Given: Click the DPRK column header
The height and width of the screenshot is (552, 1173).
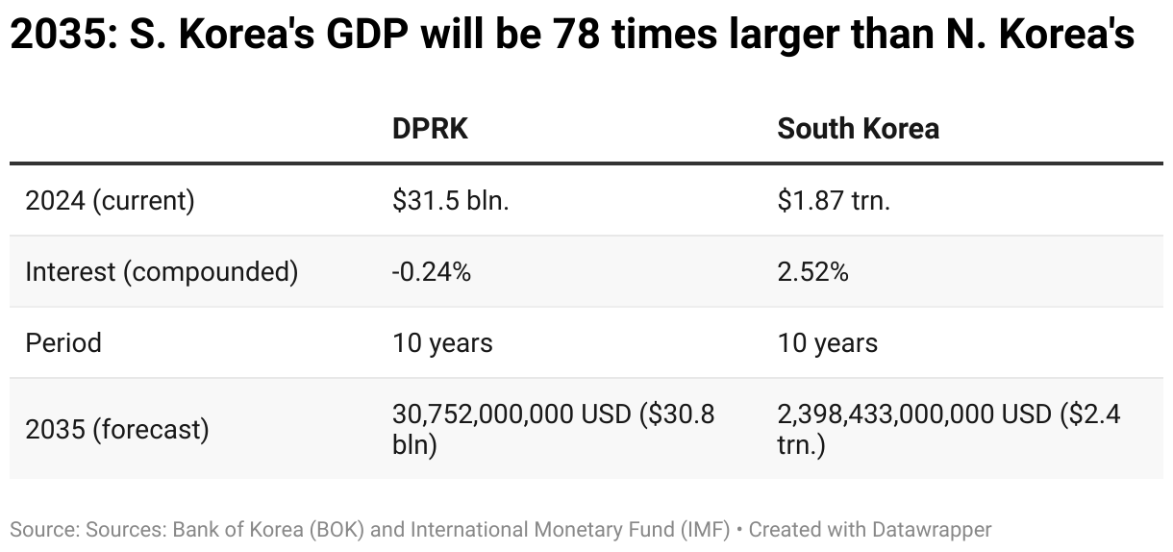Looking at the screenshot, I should (x=430, y=129).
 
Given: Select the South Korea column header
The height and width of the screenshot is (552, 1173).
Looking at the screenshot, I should (x=858, y=129).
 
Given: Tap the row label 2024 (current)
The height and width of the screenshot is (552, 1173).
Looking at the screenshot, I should (x=110, y=201).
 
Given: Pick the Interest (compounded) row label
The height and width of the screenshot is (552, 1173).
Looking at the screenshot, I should (x=162, y=272).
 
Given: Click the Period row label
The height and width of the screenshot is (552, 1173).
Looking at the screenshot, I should (x=63, y=342).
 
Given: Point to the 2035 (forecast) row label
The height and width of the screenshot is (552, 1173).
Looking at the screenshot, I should (x=116, y=429).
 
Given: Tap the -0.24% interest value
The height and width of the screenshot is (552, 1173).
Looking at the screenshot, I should (x=431, y=272).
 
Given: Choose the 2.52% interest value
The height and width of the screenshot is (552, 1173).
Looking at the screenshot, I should (x=812, y=272).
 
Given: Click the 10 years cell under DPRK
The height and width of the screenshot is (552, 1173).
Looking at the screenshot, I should (x=442, y=342).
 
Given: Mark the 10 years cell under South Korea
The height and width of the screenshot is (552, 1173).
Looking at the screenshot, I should (x=827, y=342).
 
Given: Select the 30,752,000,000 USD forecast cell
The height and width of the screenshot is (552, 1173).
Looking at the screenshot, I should (x=553, y=429).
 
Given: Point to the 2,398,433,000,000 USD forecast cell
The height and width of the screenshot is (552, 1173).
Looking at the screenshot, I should (x=948, y=429).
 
